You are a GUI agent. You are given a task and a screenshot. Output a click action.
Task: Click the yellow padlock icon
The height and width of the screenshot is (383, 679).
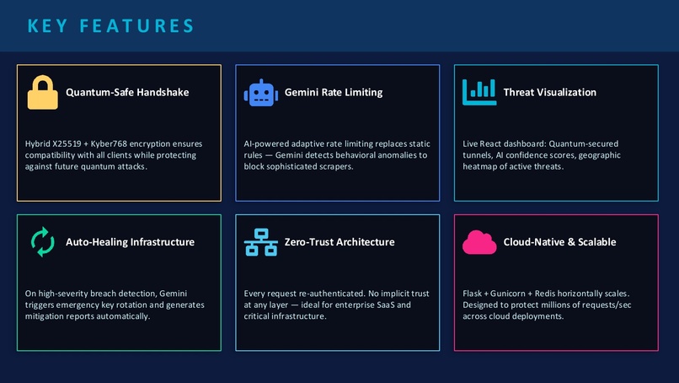(42, 93)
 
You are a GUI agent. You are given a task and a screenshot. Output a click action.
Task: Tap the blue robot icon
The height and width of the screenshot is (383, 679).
(260, 93)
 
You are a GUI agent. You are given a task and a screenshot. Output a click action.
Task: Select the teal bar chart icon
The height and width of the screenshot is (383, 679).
(479, 92)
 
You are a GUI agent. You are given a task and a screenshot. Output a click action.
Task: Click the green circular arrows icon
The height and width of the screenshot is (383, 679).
(42, 241)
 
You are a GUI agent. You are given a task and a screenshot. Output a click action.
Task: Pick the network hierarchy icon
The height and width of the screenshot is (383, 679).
(260, 242)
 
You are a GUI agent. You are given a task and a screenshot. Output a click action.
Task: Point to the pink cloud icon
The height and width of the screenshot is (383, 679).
(479, 242)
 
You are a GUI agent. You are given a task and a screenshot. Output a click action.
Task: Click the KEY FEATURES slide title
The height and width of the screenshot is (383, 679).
(111, 26)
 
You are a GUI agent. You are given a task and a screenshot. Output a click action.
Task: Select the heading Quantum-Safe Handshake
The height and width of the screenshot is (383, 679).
(127, 93)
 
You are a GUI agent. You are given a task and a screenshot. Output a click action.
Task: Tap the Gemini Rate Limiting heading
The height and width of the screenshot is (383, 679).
(334, 93)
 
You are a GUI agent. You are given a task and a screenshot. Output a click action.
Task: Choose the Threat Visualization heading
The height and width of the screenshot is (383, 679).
(549, 93)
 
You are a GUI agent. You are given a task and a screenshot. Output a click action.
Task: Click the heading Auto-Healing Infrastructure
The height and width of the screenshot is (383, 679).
(130, 242)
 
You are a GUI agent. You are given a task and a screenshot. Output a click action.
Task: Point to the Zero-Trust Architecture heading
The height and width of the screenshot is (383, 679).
(339, 242)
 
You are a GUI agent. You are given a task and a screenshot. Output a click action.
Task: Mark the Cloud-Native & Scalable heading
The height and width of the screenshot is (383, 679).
(559, 242)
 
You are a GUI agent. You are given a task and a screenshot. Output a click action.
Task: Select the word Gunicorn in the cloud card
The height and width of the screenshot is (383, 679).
(507, 294)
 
